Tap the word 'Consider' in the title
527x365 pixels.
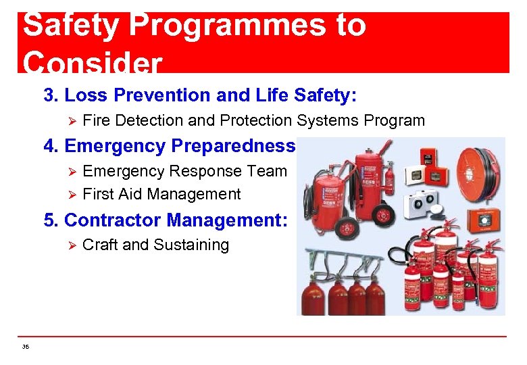click(92, 63)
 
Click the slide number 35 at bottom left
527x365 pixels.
click(26, 347)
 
